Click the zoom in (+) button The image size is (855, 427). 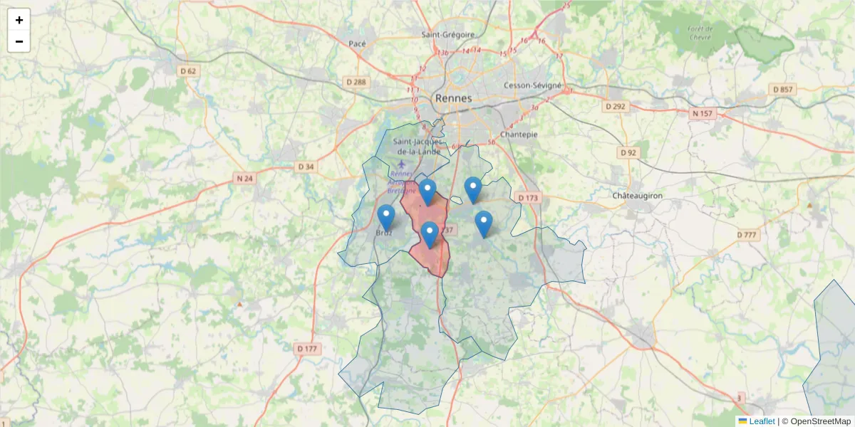pos(19,20)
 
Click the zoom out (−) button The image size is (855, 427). pos(19,41)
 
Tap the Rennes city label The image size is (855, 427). pos(453,98)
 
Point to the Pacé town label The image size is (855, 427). pos(357,43)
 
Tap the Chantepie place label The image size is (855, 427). pos(519,134)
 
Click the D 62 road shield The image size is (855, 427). pos(188,71)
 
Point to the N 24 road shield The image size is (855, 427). pos(244,179)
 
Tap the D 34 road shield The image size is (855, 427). pos(305,167)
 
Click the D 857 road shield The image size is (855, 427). pos(782,89)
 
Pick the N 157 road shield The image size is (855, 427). pos(702,113)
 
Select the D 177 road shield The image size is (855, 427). pos(306,348)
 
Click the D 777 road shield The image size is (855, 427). pos(747,234)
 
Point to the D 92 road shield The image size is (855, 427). pos(628,152)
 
